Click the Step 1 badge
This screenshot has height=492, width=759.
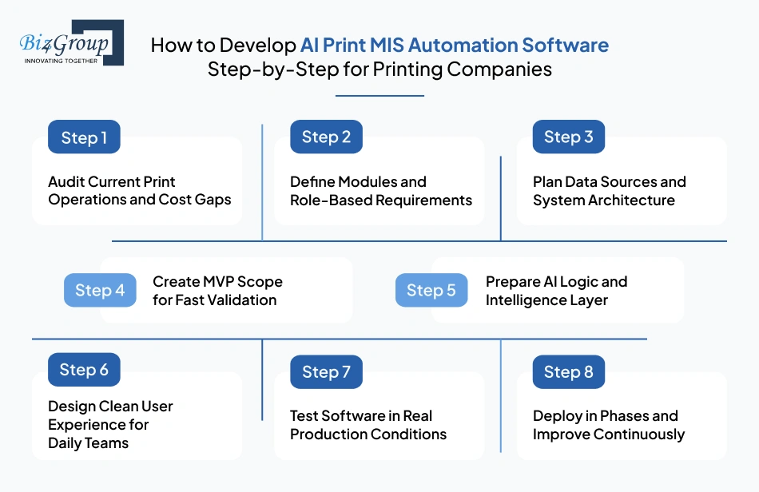click(x=84, y=137)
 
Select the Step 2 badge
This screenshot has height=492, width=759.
click(x=326, y=137)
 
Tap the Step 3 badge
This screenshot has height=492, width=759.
click(x=568, y=137)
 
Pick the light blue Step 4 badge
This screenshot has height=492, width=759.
click(x=100, y=290)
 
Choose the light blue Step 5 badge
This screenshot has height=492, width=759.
click(x=431, y=290)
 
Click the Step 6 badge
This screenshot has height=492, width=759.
click(x=84, y=370)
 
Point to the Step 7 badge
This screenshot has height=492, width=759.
click(x=326, y=371)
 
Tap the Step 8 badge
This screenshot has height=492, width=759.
click(x=568, y=371)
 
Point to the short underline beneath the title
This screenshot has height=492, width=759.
click(x=379, y=96)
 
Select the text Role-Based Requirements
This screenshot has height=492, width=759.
click(x=381, y=200)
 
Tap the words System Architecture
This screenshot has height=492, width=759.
click(x=603, y=200)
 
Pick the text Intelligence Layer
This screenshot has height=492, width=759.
click(x=546, y=300)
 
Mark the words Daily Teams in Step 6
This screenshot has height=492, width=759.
click(x=88, y=442)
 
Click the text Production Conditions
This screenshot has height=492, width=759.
click(x=368, y=434)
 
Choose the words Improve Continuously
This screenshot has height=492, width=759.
click(x=609, y=434)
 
